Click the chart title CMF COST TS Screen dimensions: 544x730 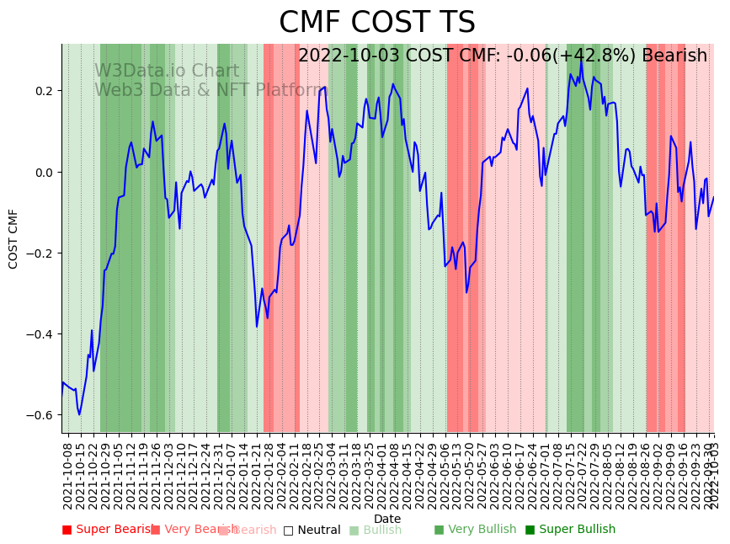tap(376, 23)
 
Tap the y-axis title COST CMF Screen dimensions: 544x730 tap(13, 239)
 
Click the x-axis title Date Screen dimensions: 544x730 tap(387, 519)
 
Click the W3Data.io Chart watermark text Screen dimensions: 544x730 tap(167, 71)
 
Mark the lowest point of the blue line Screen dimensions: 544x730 tap(79, 414)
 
